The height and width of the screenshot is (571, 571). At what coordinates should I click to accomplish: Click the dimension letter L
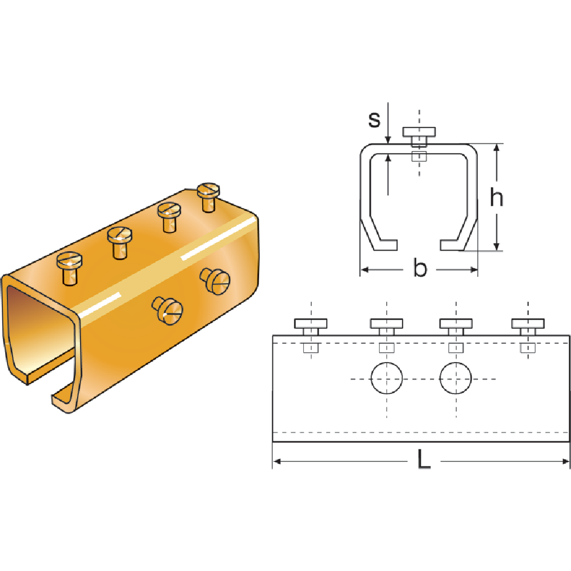point(423,460)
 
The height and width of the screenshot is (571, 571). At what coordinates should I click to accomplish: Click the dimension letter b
point(420,269)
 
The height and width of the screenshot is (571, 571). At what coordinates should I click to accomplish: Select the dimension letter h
point(497,198)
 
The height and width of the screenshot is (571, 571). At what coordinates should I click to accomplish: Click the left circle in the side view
point(386,379)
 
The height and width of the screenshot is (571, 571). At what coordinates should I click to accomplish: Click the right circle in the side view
point(456,379)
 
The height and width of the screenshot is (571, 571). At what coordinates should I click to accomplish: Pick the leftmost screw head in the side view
point(312,324)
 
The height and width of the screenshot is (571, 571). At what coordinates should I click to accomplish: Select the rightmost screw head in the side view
point(528,324)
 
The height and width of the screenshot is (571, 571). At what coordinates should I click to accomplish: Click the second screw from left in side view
point(387,324)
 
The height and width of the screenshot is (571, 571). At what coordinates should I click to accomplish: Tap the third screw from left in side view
point(456,324)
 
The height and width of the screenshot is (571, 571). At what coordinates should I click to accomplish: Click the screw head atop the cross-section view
point(419,132)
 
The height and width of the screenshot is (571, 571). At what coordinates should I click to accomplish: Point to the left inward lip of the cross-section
point(385,244)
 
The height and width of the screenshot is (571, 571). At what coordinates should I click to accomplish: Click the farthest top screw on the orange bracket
point(208,191)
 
